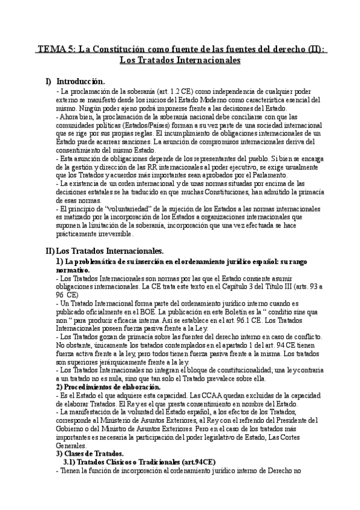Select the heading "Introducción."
[x=80, y=81]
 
